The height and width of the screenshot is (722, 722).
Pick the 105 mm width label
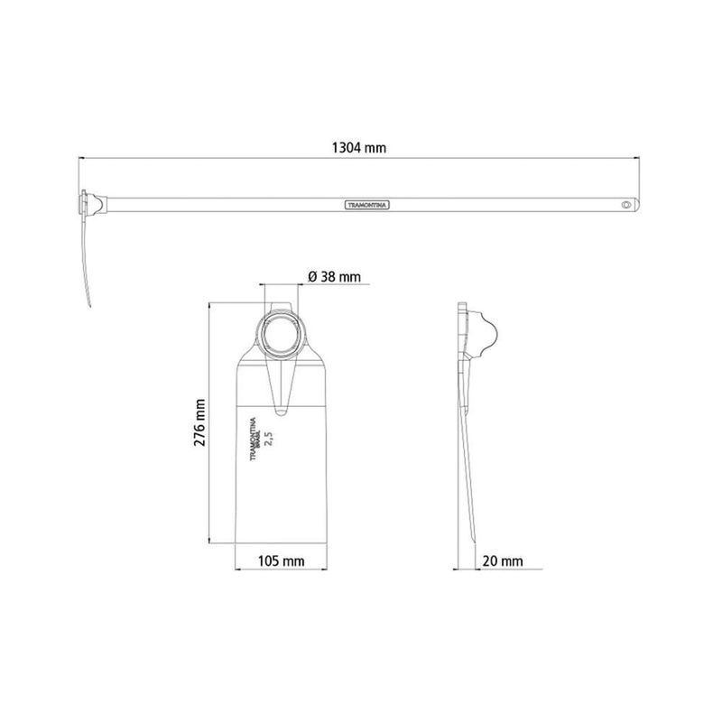click(281, 560)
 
